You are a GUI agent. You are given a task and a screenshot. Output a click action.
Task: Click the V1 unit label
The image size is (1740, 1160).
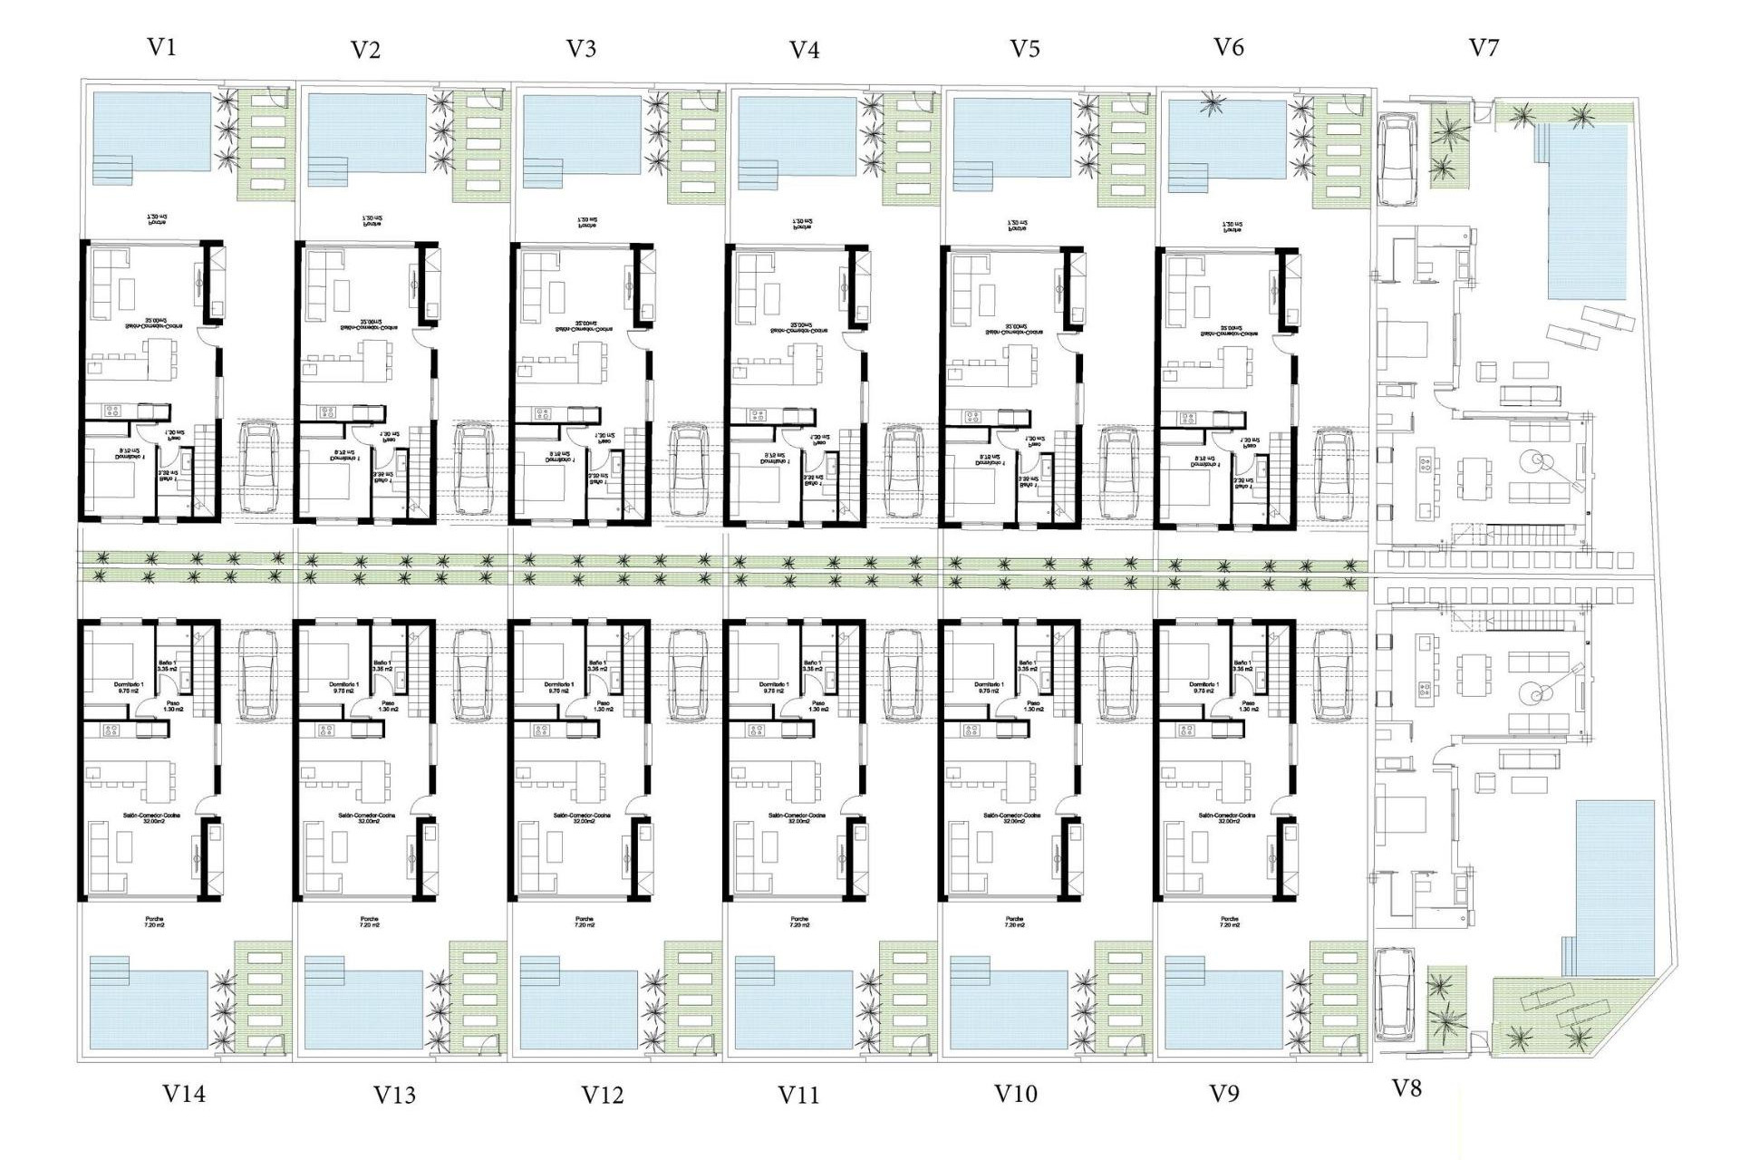point(161,47)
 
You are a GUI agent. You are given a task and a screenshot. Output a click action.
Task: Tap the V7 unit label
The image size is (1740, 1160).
point(1484,47)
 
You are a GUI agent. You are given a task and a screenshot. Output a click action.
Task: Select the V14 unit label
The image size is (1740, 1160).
point(184,1094)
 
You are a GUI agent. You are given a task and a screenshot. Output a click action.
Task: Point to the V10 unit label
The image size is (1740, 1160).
point(1016,1093)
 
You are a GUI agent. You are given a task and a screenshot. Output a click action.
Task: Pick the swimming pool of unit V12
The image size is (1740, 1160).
point(580,1009)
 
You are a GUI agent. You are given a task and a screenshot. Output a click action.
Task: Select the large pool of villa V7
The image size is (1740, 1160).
point(1587,212)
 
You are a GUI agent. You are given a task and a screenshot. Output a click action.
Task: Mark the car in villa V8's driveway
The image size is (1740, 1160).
point(1393,994)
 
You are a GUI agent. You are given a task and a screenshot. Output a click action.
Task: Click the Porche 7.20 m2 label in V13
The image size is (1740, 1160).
point(369,923)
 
